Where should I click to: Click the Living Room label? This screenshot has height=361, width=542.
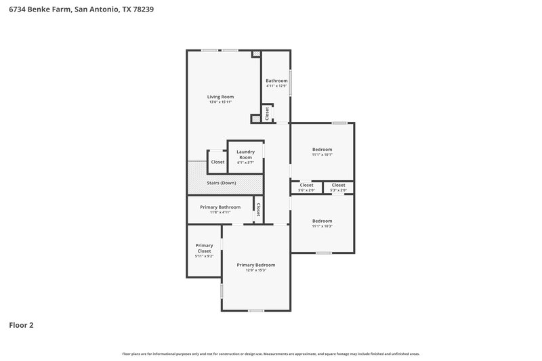tap(220, 97)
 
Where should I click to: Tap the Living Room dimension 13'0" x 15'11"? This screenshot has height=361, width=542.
tap(220, 102)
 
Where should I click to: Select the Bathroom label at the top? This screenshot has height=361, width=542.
tap(276, 81)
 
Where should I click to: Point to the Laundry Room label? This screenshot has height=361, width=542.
tap(245, 154)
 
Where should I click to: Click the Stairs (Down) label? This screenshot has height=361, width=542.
tap(222, 184)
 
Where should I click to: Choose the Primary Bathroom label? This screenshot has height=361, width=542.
tap(220, 207)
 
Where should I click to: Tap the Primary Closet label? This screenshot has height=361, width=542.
tap(204, 248)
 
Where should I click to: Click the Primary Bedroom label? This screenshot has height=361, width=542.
tap(256, 265)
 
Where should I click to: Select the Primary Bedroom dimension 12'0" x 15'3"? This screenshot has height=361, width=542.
tap(256, 270)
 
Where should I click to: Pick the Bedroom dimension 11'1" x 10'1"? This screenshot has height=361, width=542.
tap(322, 154)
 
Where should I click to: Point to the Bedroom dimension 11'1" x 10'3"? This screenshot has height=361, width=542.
tap(322, 226)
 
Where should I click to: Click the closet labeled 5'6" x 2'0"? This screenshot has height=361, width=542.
tap(306, 190)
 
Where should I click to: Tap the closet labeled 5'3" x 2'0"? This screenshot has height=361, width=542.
tap(338, 190)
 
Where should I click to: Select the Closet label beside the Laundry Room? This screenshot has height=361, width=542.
tap(217, 162)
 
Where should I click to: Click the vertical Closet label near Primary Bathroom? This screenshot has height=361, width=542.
tap(258, 209)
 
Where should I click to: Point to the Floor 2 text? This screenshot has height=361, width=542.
tap(21, 325)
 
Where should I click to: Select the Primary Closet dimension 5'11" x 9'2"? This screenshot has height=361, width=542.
tap(204, 256)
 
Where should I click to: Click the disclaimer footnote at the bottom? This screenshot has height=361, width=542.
tap(271, 354)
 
